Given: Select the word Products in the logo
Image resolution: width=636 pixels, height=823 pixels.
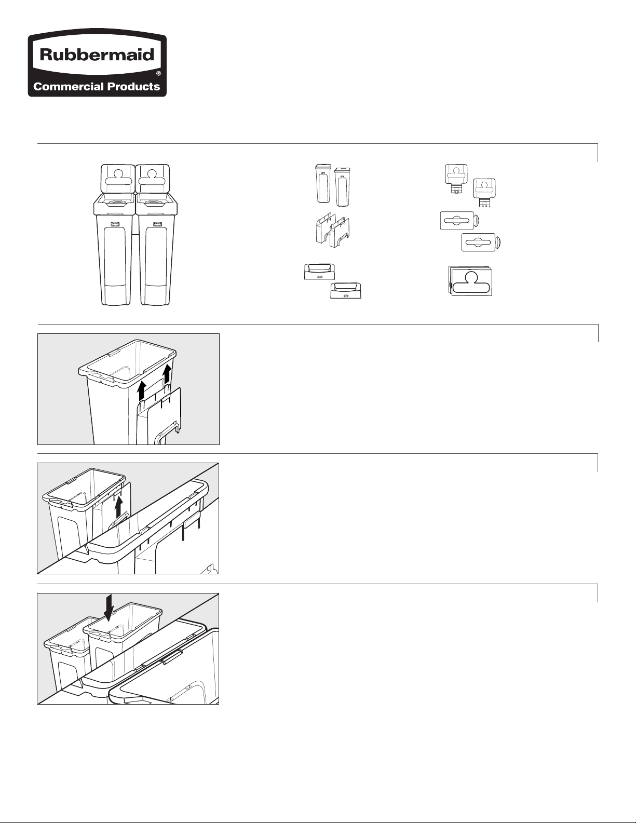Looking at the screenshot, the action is (x=133, y=87).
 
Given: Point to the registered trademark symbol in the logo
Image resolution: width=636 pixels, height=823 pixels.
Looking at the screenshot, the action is (x=159, y=74).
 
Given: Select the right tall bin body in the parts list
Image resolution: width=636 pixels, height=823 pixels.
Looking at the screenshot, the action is (x=342, y=187).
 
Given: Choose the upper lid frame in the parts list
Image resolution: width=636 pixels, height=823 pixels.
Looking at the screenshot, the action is (x=319, y=272).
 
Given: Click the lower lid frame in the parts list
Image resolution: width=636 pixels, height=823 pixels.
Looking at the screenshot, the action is (x=346, y=290).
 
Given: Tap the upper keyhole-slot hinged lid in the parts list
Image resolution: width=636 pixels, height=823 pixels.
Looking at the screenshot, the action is (x=456, y=179).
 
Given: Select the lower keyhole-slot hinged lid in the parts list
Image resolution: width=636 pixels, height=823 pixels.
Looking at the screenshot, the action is (x=484, y=193).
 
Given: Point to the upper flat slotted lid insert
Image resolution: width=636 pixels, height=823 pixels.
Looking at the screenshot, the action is (x=459, y=221).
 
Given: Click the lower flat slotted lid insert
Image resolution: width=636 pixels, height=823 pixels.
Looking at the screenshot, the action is (x=481, y=242).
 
